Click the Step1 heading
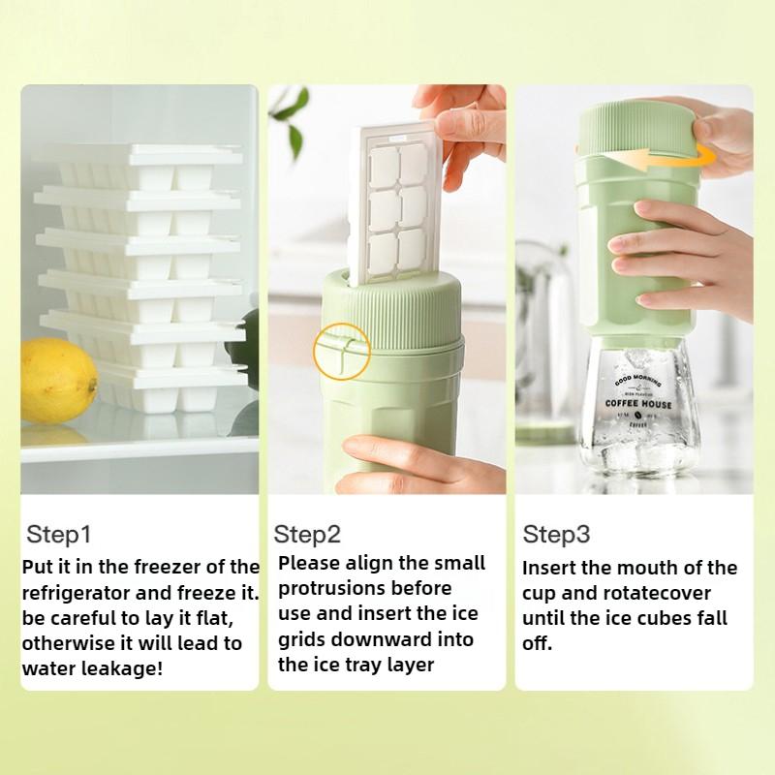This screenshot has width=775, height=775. [58, 534]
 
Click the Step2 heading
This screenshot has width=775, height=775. [307, 534]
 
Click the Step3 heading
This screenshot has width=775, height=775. [556, 534]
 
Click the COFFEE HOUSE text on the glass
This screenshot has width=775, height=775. [638, 402]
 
